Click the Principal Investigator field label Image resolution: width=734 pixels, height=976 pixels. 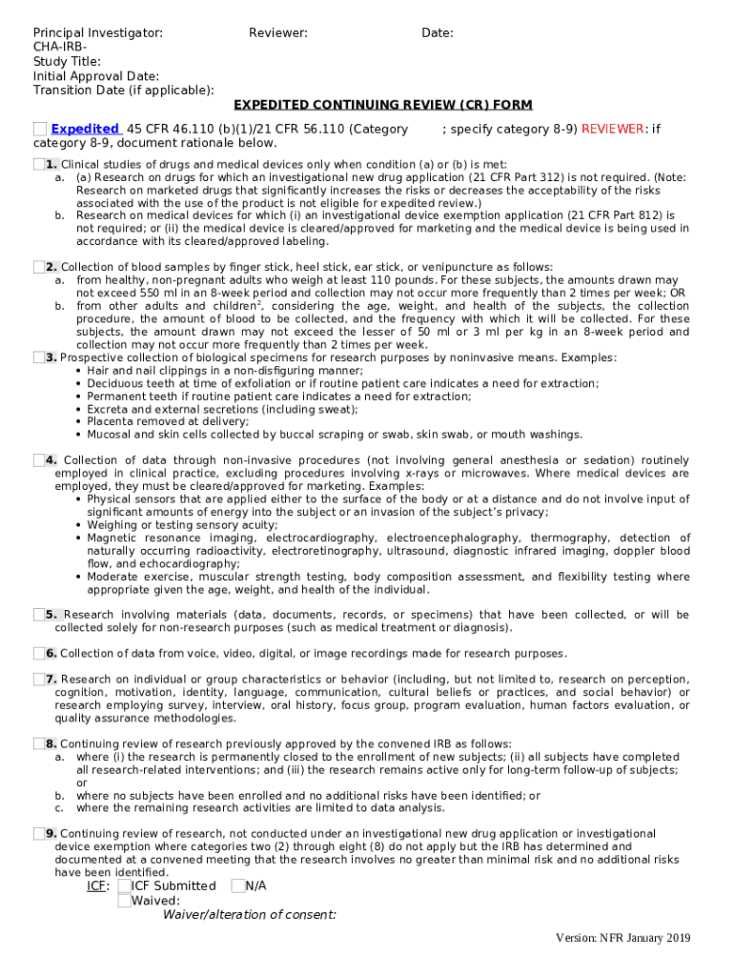97,33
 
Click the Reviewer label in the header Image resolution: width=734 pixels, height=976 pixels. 277,33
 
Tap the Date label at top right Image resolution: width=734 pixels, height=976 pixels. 437,33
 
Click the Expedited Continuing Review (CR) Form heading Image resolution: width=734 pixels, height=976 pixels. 383,105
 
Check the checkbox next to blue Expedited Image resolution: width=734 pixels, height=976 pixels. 39,129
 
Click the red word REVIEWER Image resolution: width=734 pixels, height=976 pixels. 614,129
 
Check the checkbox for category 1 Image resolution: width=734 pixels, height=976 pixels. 38,165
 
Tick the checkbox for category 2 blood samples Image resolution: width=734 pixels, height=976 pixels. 38,267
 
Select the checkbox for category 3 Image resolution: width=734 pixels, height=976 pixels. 38,357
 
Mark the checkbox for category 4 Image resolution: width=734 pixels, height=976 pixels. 38,460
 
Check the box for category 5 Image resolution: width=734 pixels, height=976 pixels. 38,615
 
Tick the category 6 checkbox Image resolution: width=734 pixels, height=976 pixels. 38,653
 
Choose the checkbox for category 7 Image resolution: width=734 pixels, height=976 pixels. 38,680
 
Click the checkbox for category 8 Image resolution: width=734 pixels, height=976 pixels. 38,743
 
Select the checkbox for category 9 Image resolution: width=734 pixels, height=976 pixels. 38,834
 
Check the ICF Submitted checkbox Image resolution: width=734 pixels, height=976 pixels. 124,886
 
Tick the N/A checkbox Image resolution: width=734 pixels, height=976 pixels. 237,886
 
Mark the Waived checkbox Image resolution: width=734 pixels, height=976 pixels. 124,901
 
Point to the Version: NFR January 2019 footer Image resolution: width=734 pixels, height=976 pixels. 623,939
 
